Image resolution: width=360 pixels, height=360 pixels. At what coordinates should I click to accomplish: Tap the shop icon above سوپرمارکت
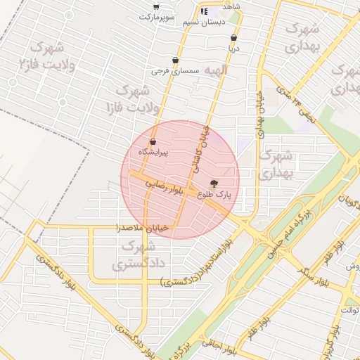click(x=156, y=6)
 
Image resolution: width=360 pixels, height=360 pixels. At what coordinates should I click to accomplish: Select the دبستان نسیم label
click(x=204, y=22)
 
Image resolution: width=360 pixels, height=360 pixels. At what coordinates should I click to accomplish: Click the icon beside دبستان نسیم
click(x=204, y=12)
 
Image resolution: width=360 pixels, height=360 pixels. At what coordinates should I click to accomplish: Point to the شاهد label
click(x=231, y=6)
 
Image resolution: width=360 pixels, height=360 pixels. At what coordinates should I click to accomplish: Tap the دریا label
click(x=233, y=49)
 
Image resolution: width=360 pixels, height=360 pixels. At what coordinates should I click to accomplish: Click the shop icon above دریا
click(x=233, y=39)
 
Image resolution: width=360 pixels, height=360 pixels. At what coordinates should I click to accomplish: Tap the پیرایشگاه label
click(x=153, y=152)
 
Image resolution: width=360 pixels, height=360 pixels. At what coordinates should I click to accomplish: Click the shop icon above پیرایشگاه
click(x=153, y=142)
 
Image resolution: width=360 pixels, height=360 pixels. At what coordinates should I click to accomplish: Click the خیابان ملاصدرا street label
click(x=143, y=228)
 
